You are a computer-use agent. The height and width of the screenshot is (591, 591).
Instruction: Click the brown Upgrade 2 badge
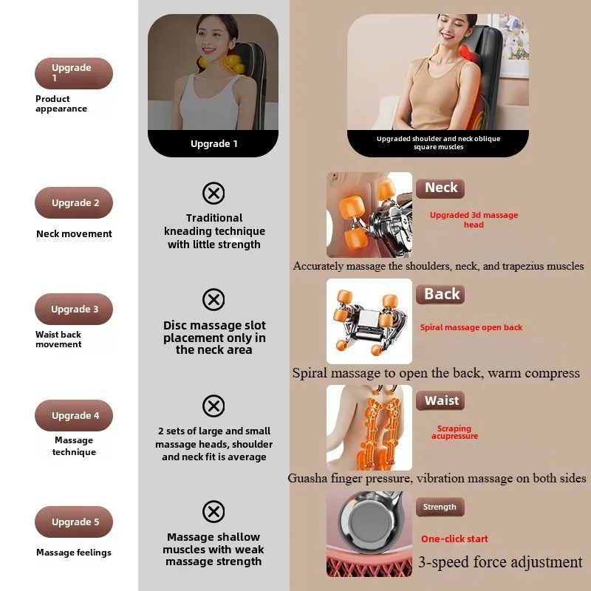click(74, 203)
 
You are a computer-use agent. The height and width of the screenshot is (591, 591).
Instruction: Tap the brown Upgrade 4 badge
click(74, 416)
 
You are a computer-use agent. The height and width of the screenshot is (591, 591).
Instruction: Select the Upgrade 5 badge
click(74, 522)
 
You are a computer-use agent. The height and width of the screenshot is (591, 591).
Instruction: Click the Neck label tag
click(441, 188)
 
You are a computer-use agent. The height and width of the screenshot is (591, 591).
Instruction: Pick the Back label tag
click(442, 294)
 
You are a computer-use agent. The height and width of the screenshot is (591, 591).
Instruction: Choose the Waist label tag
click(441, 400)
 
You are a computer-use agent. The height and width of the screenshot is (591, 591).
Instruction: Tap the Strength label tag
click(440, 507)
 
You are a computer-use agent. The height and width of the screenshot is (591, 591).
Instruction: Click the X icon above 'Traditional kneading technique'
click(213, 194)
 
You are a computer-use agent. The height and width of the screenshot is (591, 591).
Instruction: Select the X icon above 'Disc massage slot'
click(213, 300)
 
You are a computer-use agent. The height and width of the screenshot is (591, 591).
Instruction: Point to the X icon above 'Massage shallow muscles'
click(213, 511)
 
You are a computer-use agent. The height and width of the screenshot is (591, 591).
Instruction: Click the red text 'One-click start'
click(454, 539)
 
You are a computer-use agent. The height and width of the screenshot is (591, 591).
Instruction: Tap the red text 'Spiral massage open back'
click(471, 327)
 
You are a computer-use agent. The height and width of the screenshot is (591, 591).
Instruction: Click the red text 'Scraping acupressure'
click(454, 432)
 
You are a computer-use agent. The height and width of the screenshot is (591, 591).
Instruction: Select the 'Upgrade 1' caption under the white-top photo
click(213, 143)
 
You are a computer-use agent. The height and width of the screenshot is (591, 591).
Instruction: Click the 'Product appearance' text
click(61, 103)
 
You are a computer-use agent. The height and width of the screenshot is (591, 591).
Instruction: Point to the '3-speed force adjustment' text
click(500, 562)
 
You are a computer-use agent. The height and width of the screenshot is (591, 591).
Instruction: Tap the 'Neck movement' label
click(74, 234)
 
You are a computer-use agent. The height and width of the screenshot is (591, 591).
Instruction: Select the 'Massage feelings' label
click(74, 553)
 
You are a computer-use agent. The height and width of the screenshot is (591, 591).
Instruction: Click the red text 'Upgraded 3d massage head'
click(474, 219)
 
